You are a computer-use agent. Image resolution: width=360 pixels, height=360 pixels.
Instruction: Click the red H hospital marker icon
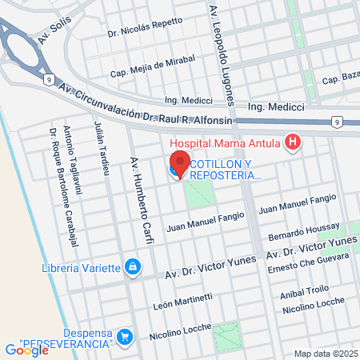coord(294,143)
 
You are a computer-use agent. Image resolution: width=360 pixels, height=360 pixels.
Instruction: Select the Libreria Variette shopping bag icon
coord(134,266)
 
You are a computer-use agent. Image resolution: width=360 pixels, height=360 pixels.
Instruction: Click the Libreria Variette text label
coord(80,266)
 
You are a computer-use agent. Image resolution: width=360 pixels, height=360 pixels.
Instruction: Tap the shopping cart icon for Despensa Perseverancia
coord(124,337)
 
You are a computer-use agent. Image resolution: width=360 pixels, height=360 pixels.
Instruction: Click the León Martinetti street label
coord(182,301)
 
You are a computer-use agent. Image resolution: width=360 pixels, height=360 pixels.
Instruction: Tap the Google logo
coord(26,350)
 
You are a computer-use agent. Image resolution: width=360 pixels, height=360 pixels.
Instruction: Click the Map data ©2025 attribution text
coord(326,354)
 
